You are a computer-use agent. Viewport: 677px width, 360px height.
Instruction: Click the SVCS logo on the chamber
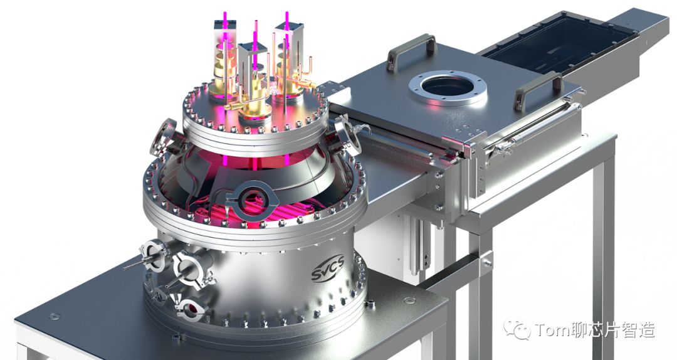tap(327, 268)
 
